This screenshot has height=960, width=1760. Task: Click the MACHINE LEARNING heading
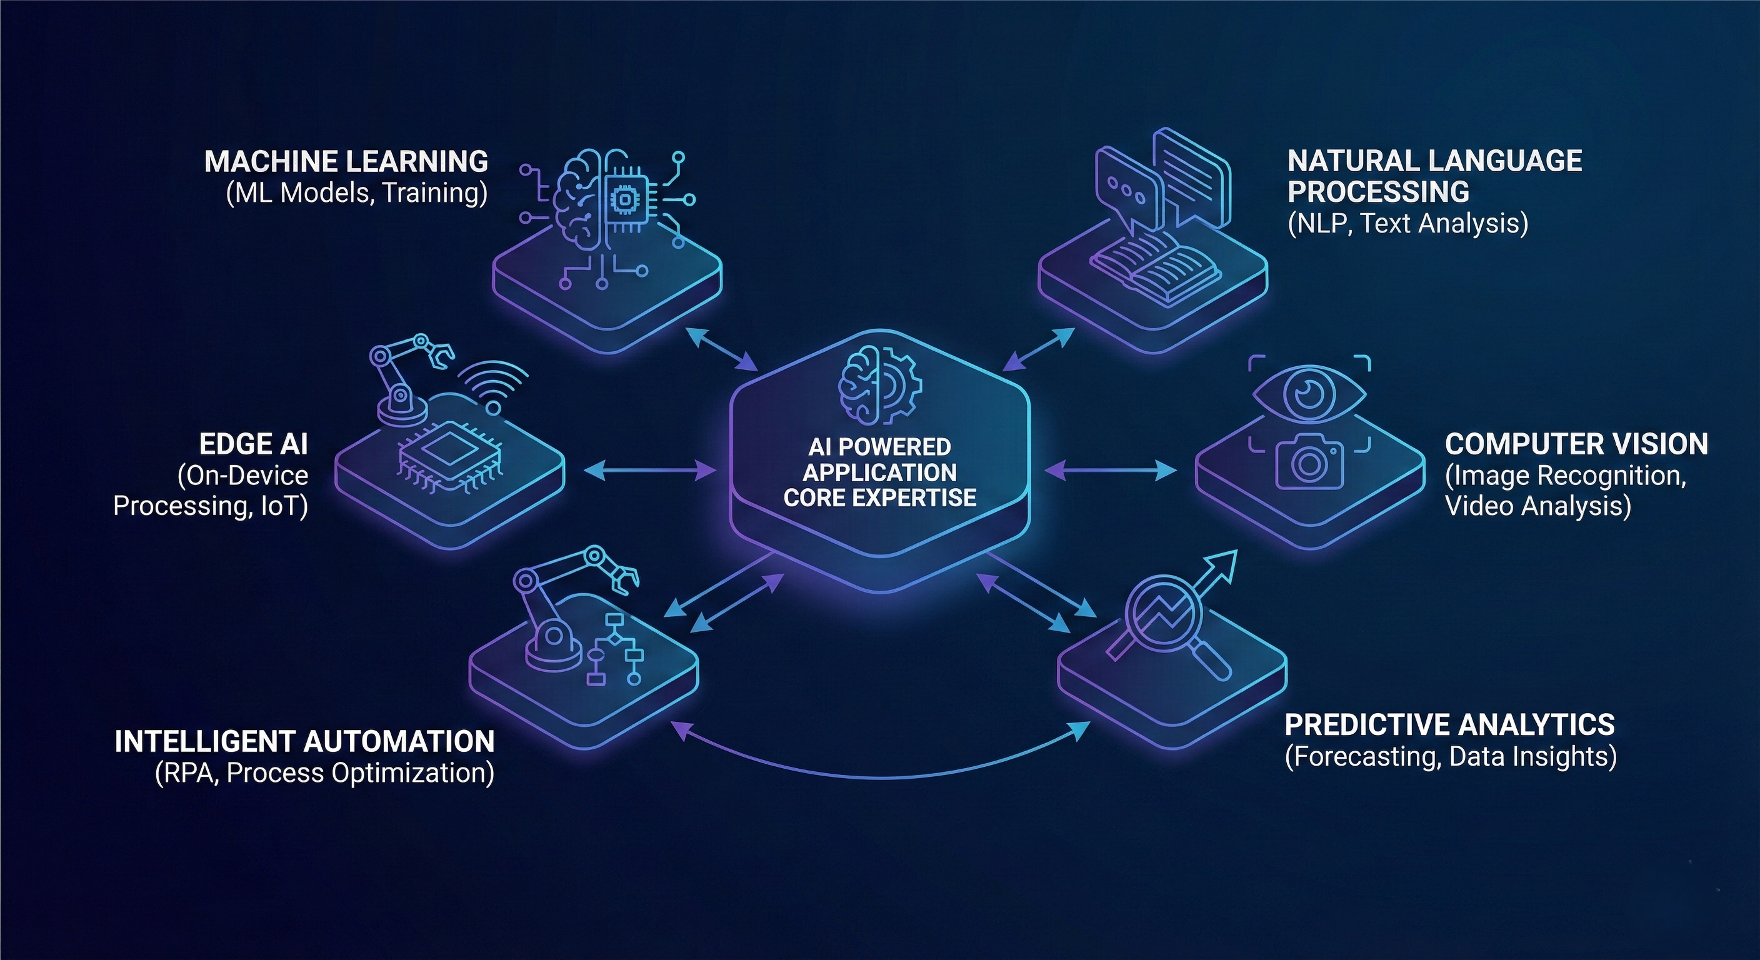pos(346,161)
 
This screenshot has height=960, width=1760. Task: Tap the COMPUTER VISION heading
pos(1576,444)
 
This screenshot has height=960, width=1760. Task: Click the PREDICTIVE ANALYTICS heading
pos(1450,724)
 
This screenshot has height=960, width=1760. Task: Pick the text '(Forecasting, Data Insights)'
pos(1451,756)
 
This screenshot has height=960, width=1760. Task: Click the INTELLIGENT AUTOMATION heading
pos(305,741)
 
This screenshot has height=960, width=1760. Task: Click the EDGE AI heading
pos(254,444)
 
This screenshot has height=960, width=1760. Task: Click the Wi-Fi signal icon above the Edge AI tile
pos(497,389)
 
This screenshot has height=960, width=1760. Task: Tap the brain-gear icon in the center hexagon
pos(879,387)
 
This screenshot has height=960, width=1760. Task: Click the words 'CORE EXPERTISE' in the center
pos(879,497)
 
